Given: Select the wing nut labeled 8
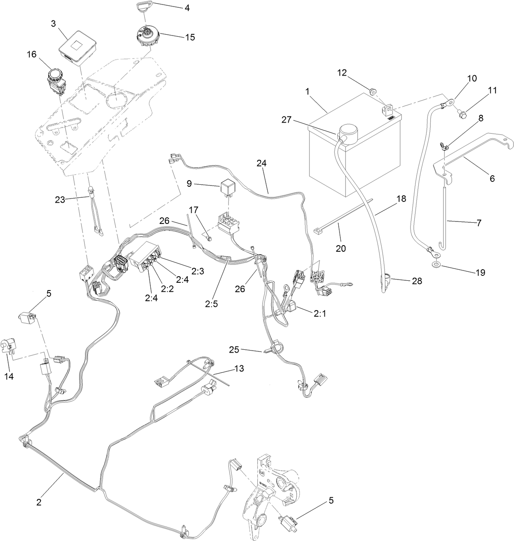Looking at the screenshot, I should (x=445, y=145).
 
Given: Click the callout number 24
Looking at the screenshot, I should (x=261, y=163).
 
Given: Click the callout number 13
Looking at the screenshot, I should (x=239, y=369).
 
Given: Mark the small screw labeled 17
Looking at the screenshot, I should (x=209, y=238).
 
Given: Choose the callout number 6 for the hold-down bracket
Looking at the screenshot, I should (x=492, y=179).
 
